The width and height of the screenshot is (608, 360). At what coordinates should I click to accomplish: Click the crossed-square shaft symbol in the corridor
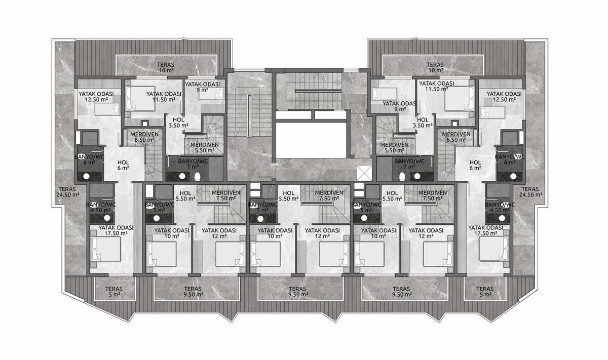tap(364, 173)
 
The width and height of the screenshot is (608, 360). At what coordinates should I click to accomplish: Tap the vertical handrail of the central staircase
tap(249, 115)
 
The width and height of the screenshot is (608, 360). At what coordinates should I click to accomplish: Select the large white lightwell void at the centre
tap(311, 140)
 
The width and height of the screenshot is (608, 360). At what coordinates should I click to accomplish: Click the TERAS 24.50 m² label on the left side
tap(67, 192)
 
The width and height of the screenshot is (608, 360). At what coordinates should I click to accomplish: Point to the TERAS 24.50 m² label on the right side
tap(530, 192)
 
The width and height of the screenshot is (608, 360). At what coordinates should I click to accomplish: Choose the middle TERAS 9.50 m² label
tap(298, 292)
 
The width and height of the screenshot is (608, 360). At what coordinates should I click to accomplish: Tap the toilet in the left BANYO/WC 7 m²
tap(198, 177)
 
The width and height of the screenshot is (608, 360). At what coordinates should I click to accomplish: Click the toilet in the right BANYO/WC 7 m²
tap(402, 177)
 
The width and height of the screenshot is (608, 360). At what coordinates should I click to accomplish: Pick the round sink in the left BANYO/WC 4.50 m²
tap(107, 218)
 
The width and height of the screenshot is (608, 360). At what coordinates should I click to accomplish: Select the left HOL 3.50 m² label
tap(178, 123)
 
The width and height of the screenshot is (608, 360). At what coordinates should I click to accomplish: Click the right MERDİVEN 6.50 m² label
tap(456, 137)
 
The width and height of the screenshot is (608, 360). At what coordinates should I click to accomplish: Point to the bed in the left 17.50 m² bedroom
tap(106, 249)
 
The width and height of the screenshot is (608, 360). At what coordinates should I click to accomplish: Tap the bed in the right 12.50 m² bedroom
tap(493, 112)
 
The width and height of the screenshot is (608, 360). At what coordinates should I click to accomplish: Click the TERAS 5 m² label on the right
tap(485, 292)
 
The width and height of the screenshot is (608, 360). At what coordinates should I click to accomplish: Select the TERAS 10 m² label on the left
tap(166, 67)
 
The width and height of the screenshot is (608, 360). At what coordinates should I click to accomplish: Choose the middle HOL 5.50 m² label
tap(288, 196)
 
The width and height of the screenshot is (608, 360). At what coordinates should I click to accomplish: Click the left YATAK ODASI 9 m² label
tap(202, 87)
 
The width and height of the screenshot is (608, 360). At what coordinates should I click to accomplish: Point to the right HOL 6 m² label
tap(475, 165)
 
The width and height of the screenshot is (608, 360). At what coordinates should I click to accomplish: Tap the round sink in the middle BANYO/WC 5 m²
tap(260, 218)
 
